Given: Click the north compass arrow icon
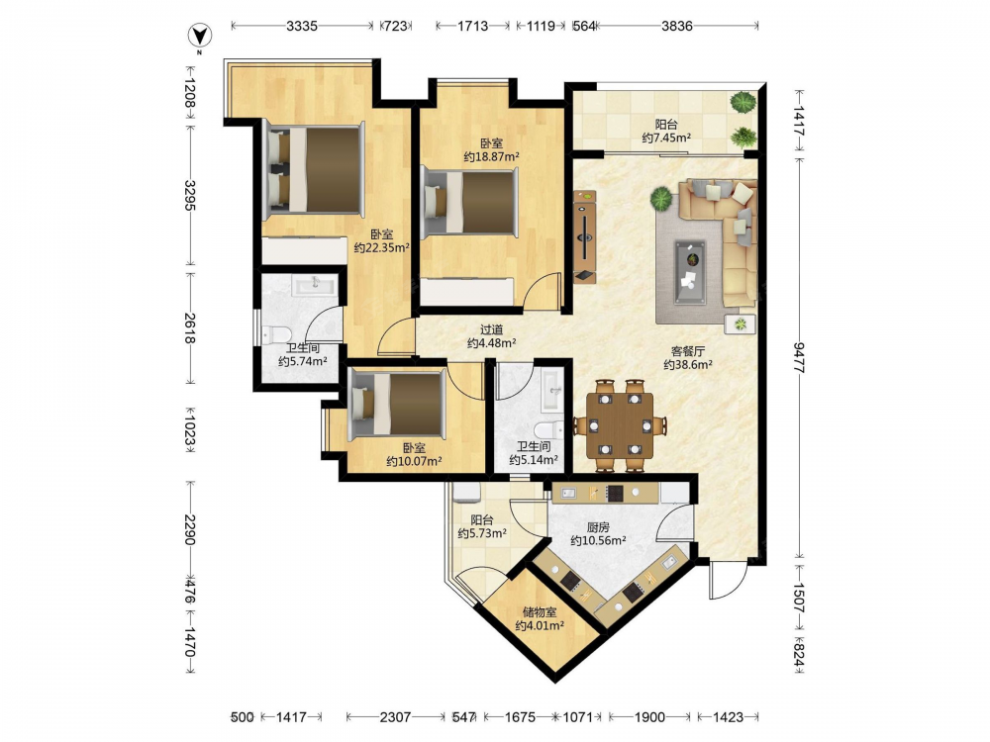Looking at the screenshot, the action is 200,35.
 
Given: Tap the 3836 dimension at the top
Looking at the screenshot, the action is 677,26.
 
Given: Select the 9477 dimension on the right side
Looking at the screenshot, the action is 799,358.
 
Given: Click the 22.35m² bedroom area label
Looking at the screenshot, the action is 381,248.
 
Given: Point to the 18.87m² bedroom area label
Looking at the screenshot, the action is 491,157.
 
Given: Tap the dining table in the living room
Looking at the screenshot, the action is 620,424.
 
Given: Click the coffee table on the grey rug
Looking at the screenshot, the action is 689,272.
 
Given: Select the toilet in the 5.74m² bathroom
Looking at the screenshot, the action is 276,333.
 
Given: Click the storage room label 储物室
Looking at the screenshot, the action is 540,612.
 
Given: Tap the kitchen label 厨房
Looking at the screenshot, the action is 598,527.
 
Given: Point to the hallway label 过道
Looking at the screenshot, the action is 491,329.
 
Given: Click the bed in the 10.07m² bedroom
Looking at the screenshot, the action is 397,404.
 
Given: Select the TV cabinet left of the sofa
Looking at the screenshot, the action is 585,236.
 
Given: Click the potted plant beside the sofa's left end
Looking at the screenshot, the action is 661,199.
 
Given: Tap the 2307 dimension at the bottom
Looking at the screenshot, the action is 395,716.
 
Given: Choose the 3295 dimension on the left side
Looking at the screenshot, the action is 190,196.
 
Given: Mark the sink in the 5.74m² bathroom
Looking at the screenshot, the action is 315,286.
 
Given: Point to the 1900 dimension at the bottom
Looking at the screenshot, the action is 649,716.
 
